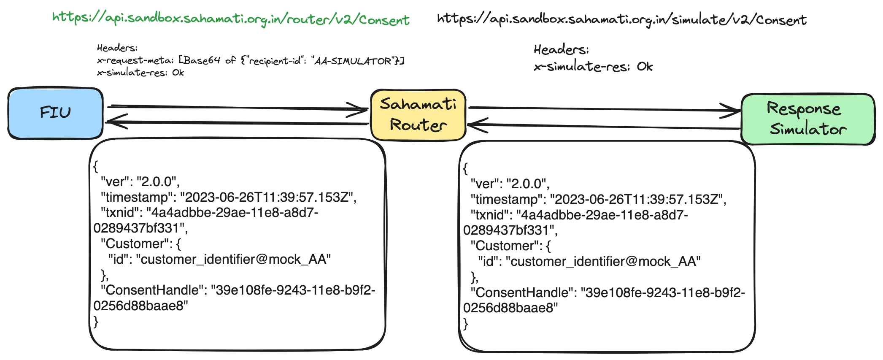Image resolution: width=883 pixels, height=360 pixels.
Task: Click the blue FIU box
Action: coord(55,113)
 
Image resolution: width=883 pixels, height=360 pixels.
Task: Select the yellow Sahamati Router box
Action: coord(418,115)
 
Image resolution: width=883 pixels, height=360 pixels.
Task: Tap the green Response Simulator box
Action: coord(807,119)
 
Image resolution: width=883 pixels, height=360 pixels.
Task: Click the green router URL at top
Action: coord(231,19)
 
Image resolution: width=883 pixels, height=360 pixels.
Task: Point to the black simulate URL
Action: coord(621,19)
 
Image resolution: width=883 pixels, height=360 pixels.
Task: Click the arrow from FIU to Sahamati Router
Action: coord(236,108)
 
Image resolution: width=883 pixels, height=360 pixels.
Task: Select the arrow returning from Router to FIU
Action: coord(236,123)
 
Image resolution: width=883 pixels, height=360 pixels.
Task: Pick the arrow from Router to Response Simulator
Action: coord(603,109)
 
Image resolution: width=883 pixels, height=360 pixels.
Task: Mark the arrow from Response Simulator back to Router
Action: coord(603,126)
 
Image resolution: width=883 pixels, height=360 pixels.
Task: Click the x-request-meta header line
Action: coord(250,61)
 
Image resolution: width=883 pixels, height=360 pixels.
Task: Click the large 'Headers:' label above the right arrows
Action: coord(561,50)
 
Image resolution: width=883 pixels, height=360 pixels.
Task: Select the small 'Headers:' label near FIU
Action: coord(117,48)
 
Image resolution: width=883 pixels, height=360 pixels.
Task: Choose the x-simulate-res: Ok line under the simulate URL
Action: coord(593,67)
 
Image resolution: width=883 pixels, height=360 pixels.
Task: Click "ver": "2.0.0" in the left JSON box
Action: coord(140,182)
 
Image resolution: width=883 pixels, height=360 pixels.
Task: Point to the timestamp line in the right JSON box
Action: coord(598,199)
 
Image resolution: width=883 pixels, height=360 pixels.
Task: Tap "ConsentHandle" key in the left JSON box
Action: coord(154,290)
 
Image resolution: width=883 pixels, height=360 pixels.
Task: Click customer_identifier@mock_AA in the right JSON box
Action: coord(605,262)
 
